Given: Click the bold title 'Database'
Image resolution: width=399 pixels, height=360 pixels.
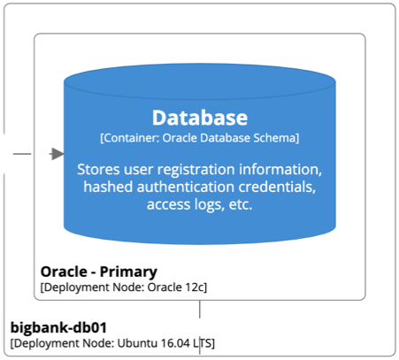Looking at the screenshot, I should click(x=199, y=117).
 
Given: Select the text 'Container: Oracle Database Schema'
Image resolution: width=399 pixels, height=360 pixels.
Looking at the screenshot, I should click(x=199, y=138).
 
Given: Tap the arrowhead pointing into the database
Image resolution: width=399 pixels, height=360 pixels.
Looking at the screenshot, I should click(x=58, y=154).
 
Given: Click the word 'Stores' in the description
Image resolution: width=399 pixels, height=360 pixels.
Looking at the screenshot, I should click(x=100, y=169).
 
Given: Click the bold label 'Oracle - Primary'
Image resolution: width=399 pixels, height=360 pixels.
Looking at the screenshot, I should click(x=99, y=272).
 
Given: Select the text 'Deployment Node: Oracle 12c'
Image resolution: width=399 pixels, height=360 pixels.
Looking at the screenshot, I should click(x=124, y=287).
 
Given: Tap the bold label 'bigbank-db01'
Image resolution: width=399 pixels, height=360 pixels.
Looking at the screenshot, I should click(x=58, y=327).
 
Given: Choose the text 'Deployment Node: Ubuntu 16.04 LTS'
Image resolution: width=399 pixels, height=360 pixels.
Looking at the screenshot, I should click(x=112, y=343).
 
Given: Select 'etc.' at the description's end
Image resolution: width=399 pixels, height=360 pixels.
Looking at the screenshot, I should click(x=238, y=204).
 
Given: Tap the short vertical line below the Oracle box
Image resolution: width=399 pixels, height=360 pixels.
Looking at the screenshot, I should click(x=200, y=309).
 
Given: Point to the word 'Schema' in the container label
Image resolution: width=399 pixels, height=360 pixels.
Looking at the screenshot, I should click(x=275, y=138).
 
